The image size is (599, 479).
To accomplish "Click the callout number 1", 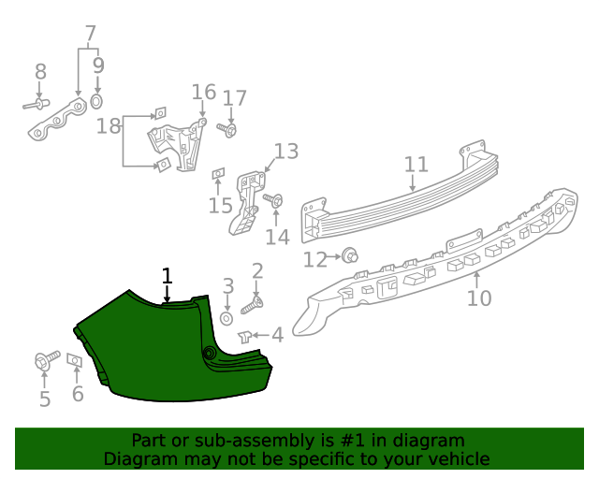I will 168,276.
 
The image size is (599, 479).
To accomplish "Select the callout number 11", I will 416,166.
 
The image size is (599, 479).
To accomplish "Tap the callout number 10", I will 478,298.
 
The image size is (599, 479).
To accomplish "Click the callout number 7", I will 91,36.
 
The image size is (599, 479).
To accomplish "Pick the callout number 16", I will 203,92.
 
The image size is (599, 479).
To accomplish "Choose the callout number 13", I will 285,152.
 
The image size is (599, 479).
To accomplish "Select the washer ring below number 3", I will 227,318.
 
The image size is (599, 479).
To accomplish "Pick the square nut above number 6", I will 76,361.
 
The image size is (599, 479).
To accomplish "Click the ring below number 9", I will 97,100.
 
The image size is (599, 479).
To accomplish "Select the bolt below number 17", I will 228,129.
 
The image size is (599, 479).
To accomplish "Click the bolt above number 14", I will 274,200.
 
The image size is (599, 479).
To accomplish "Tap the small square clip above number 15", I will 218,173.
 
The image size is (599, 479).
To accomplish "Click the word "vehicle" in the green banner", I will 458,458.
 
